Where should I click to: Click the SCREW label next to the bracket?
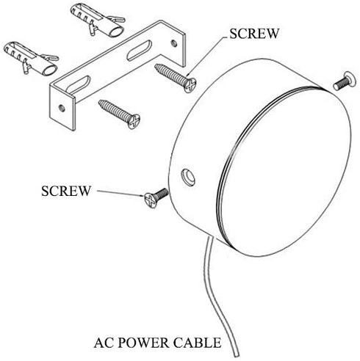coord(254,34)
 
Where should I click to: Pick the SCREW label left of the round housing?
coord(66,191)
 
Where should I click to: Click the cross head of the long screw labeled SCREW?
coord(190,85)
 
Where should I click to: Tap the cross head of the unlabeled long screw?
coord(134,122)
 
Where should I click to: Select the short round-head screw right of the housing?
coord(345,81)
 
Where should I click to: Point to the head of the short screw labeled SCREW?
coord(151,200)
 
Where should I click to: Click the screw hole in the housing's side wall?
coord(188,177)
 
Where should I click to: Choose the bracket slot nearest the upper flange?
coord(139,50)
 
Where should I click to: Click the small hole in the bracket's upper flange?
coord(174,43)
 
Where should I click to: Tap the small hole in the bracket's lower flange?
coord(62,108)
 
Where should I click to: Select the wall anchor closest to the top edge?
coord(98,21)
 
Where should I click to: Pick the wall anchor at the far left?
coord(31,58)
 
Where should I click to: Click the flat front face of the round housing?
coord(284,171)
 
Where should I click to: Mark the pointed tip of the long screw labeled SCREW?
coord(156,65)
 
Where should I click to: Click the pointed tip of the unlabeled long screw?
coord(99,101)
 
